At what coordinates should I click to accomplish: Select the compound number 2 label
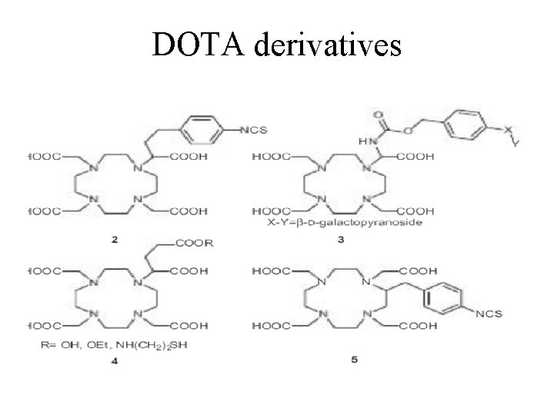tap(114, 240)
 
